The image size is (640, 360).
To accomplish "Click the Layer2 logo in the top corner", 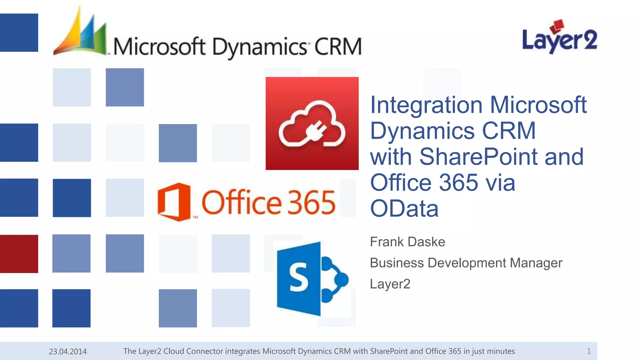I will click(x=559, y=37).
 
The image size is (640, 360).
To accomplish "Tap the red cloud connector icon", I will click(x=312, y=123).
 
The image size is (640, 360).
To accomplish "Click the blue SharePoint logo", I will click(x=312, y=278).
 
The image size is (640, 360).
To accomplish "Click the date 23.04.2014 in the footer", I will click(x=68, y=352).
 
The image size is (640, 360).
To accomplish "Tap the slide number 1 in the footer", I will click(x=589, y=351).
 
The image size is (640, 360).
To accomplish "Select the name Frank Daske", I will click(x=407, y=242).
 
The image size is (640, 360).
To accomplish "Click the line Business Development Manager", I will click(x=466, y=263).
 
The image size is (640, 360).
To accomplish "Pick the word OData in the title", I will click(x=404, y=209).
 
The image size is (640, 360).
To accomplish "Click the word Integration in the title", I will click(x=426, y=105).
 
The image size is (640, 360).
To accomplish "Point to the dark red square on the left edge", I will click(x=19, y=254).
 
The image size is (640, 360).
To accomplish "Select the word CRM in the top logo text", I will click(x=338, y=47).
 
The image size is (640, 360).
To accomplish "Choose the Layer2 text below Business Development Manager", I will click(x=390, y=284).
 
